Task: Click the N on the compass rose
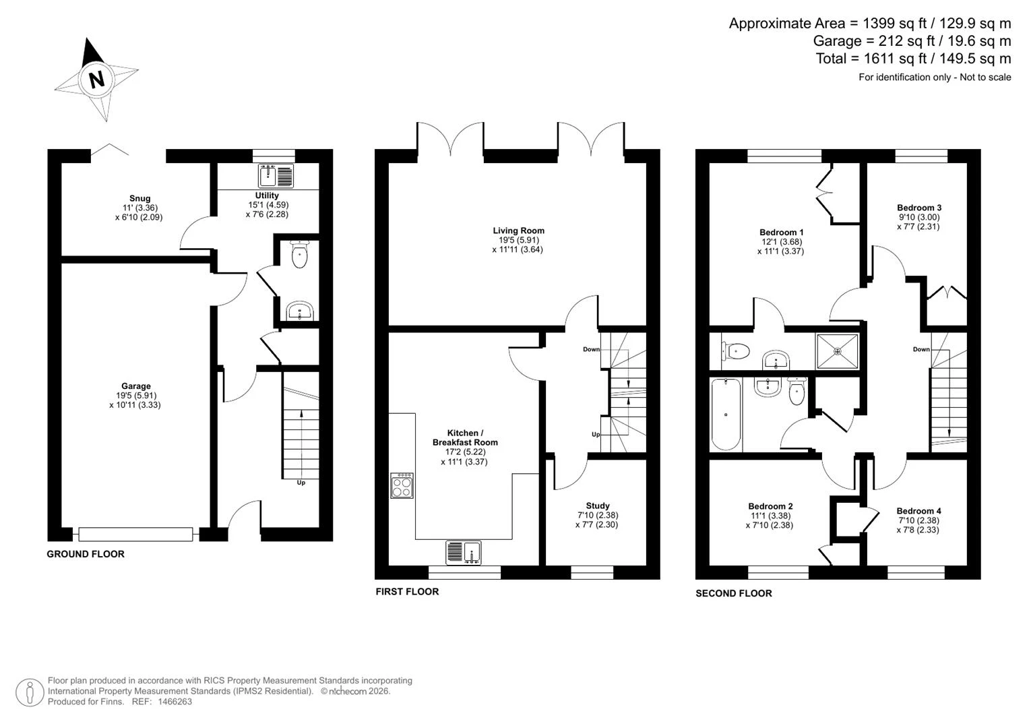tap(97, 80)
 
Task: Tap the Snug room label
tap(139, 199)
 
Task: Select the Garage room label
tap(136, 386)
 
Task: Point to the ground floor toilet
tap(299, 255)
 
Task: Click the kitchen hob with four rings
tap(402, 486)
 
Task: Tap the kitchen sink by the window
tap(464, 553)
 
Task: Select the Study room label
tap(598, 506)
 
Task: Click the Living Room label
tap(519, 231)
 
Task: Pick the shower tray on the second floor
tap(838, 352)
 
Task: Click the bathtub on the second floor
tap(726, 414)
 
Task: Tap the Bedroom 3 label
tap(919, 208)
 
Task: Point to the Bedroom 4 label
tap(918, 511)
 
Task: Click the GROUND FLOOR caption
tap(86, 554)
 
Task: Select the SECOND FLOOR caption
tap(734, 593)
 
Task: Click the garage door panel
tap(135, 534)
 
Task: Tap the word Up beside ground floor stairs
tap(301, 483)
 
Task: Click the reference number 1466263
tap(175, 702)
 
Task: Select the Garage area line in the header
tap(912, 41)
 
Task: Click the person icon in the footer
tap(30, 693)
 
